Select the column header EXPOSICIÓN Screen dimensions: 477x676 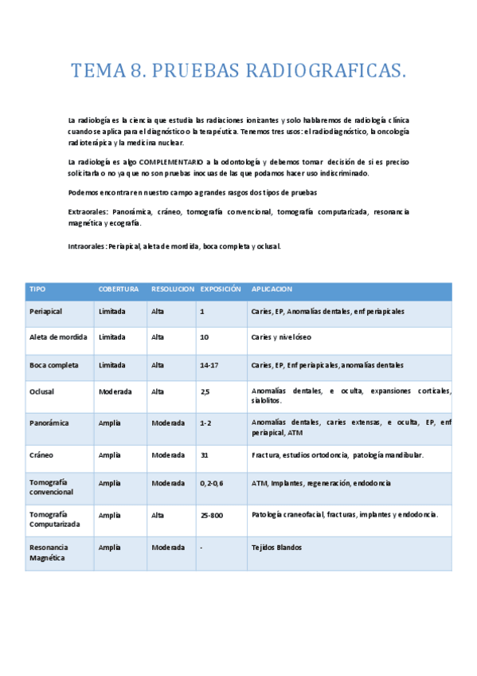click(221, 289)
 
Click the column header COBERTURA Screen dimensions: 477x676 click(119, 289)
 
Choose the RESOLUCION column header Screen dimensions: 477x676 click(173, 289)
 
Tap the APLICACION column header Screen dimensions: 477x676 click(272, 289)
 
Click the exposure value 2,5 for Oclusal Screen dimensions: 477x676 click(205, 391)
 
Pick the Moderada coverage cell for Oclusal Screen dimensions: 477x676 click(115, 391)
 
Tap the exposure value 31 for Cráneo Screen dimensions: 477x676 click(205, 455)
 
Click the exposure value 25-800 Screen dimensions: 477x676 click(212, 516)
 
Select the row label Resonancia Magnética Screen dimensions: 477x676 click(49, 552)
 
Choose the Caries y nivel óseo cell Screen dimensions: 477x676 click(282, 337)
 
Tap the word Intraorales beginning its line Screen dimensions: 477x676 click(87, 246)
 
